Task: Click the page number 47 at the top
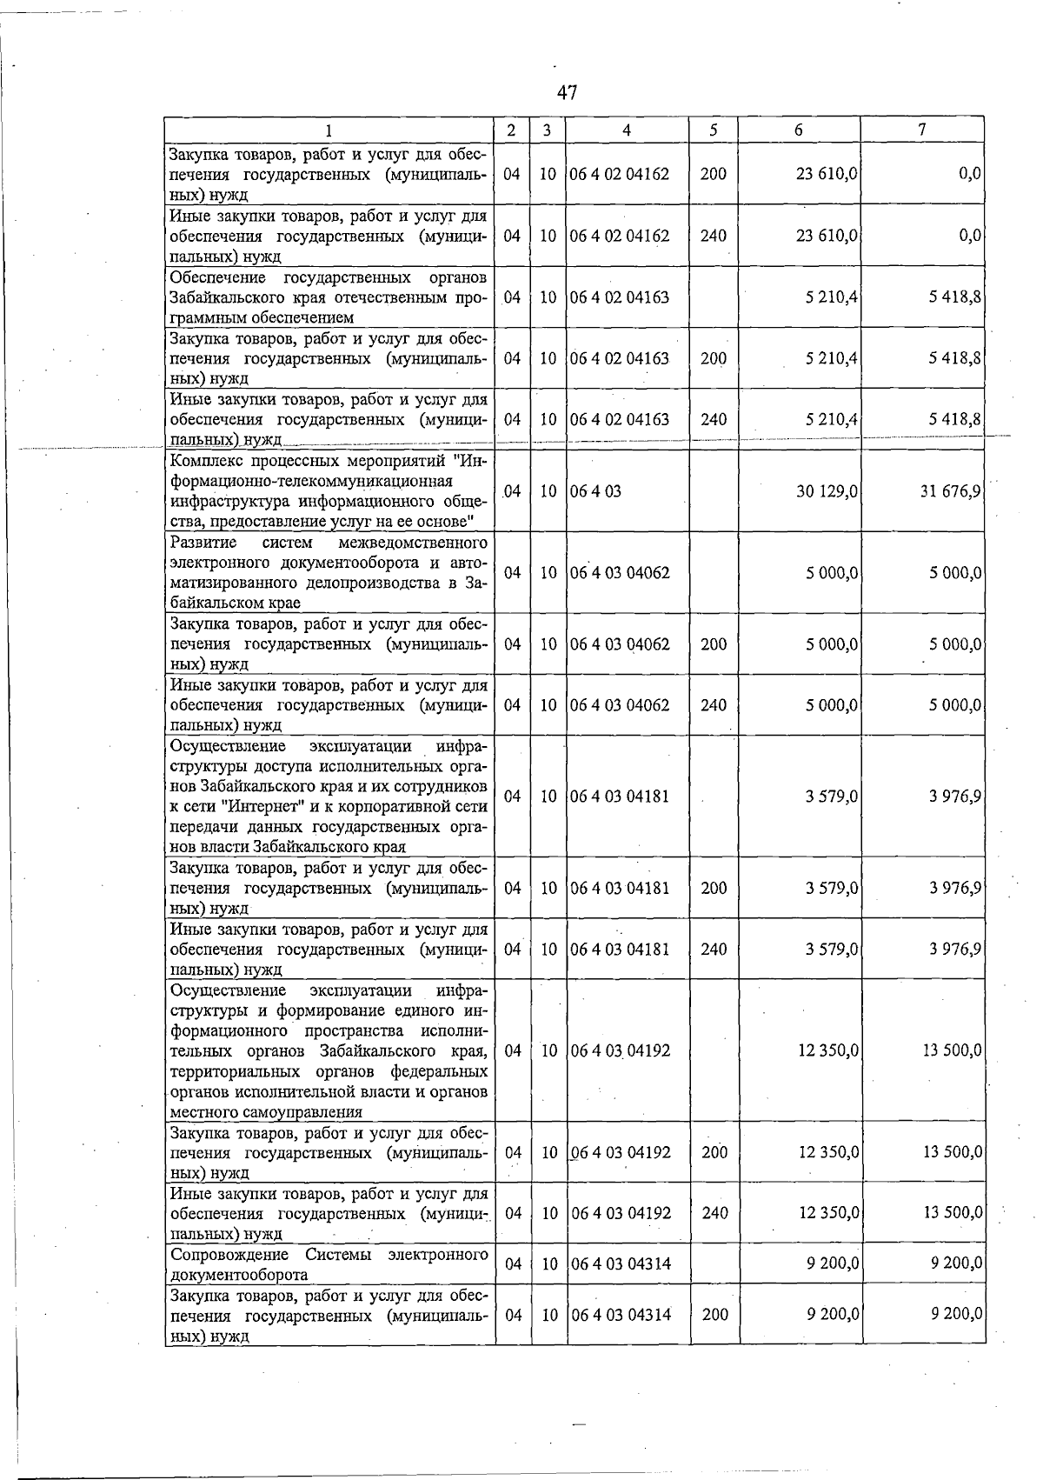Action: click(568, 92)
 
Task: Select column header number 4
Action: click(627, 130)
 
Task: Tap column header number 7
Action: click(921, 130)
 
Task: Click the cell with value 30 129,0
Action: click(827, 491)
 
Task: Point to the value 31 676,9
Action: click(951, 491)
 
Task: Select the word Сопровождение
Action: click(229, 1255)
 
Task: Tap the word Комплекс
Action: click(208, 460)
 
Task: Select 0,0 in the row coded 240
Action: click(970, 236)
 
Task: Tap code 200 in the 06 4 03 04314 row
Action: click(714, 1315)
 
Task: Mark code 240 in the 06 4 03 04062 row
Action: click(714, 705)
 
